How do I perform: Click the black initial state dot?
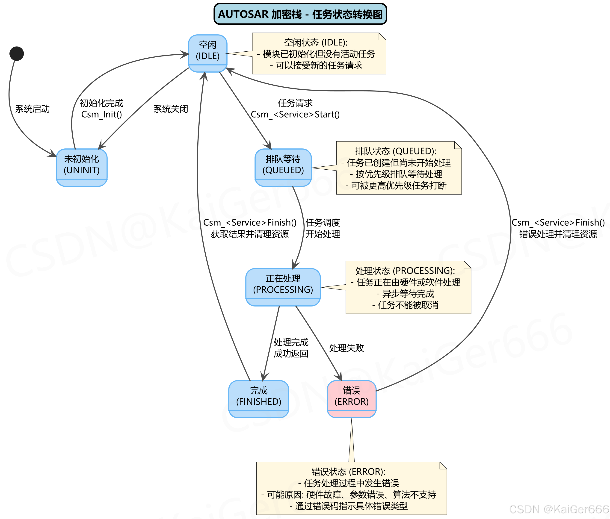tap(16, 53)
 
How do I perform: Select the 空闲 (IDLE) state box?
tap(208, 53)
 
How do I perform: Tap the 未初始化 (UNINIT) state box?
tap(82, 167)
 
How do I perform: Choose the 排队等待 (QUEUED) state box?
tap(283, 167)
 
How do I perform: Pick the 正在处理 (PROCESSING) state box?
tap(283, 287)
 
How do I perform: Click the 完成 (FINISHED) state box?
tap(259, 399)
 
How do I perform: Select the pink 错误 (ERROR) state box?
tap(352, 399)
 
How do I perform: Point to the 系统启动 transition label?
tap(32, 109)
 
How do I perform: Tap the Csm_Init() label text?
tap(101, 115)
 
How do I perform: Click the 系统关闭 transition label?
tap(171, 109)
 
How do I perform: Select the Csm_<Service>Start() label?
tap(295, 115)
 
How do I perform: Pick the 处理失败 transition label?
tap(346, 348)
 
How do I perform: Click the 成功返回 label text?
tap(291, 353)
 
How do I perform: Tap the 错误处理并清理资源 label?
tap(558, 234)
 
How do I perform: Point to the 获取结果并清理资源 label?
tap(250, 234)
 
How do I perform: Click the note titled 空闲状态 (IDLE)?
tap(319, 53)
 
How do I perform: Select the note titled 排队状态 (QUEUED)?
tap(399, 168)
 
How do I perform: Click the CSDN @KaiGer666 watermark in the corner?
tap(559, 509)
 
